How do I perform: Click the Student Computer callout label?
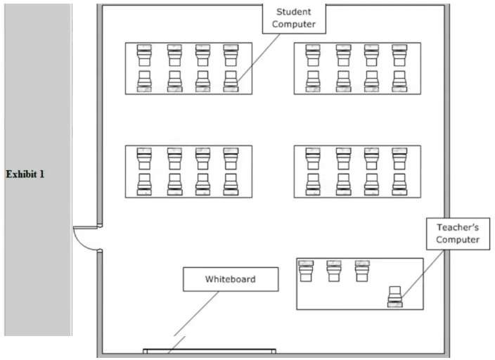(x=294, y=18)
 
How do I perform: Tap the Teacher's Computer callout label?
(x=457, y=233)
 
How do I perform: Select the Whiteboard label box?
(x=230, y=279)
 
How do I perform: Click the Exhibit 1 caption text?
(x=25, y=174)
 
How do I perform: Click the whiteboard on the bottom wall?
(x=209, y=350)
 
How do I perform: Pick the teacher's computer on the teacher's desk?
(x=395, y=296)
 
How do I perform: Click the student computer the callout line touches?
(x=230, y=82)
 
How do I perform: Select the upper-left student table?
(x=188, y=68)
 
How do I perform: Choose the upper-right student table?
(x=357, y=68)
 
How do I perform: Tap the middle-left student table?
(x=188, y=172)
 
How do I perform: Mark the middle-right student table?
(x=357, y=172)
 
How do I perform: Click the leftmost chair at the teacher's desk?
(x=306, y=271)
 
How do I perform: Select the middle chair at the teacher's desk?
(x=334, y=271)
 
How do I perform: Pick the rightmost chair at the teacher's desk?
(x=362, y=271)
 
